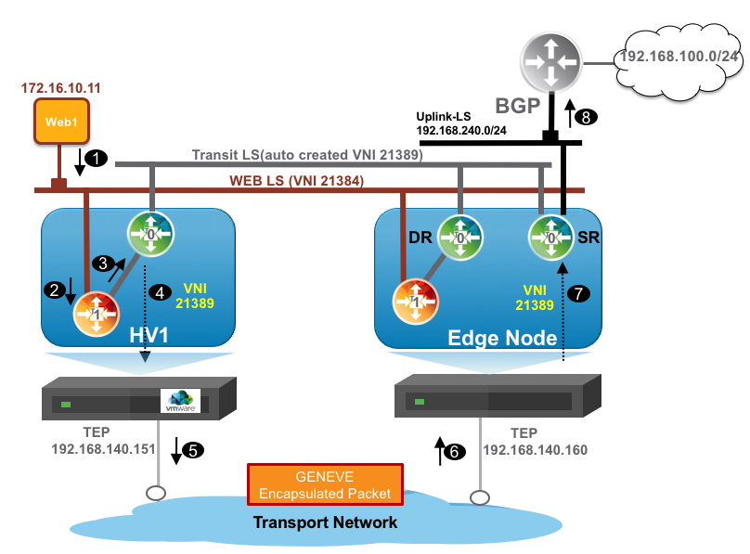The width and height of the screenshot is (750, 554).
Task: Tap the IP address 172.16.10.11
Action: [x=60, y=89]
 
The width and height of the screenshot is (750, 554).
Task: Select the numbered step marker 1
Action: [x=96, y=161]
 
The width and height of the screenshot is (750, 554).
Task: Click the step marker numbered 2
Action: [x=55, y=290]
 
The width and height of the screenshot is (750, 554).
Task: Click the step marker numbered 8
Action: [x=587, y=117]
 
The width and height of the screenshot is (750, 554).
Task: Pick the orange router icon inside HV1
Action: [x=97, y=316]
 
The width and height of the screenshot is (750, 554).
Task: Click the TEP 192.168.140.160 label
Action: [x=536, y=442]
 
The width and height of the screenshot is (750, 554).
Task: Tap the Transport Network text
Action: [x=325, y=522]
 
